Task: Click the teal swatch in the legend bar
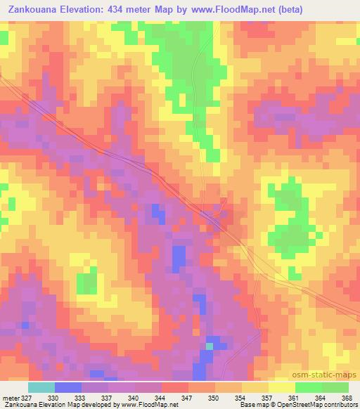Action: coord(41,387)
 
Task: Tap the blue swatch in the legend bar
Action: coord(68,387)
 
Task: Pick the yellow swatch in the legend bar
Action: coord(255,387)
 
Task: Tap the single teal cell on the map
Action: coord(209,345)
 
